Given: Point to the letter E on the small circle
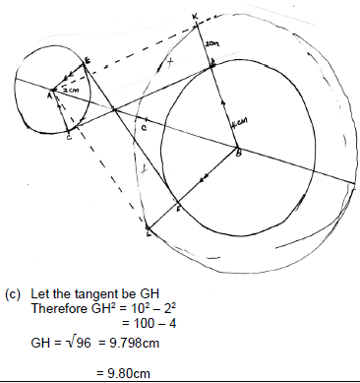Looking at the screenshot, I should (x=88, y=61).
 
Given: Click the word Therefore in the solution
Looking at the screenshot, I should (x=56, y=307).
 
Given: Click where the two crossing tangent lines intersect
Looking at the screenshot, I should (x=115, y=109).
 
